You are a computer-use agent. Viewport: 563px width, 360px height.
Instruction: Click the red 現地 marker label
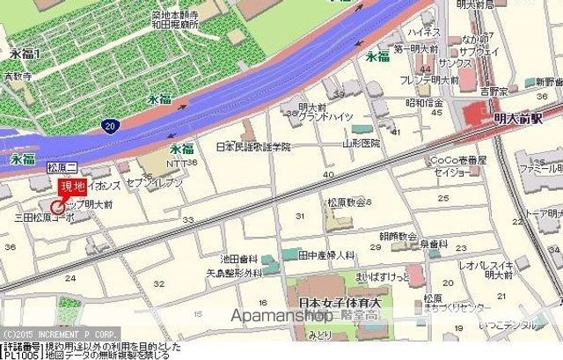coord(72,186)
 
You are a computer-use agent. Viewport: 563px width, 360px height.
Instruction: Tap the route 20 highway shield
coord(108,126)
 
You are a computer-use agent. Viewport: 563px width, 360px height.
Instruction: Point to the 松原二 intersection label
coord(62,165)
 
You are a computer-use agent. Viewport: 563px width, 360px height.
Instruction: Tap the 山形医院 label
coord(362,143)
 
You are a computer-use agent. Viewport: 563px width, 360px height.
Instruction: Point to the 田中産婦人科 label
coord(326,254)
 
